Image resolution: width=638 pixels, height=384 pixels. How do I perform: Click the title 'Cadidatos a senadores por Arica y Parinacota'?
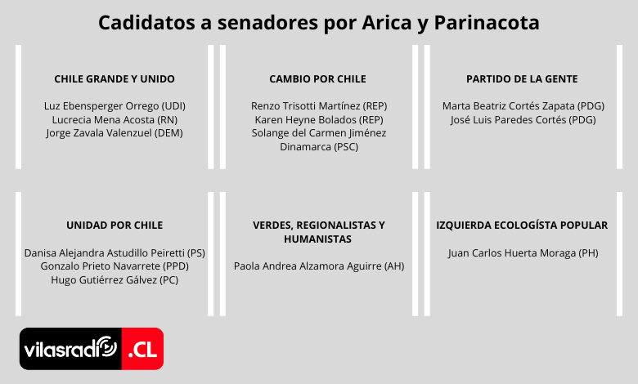319,23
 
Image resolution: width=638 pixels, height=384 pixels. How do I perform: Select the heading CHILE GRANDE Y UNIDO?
115,78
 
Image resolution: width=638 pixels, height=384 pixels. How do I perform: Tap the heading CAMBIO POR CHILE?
318,78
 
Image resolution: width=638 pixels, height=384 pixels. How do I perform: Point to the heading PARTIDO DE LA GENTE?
522,78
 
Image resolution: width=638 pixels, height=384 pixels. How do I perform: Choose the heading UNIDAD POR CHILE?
115,225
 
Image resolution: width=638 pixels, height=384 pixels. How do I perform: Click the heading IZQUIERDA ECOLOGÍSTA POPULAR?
522,225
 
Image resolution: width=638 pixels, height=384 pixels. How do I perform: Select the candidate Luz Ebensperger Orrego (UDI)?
115,106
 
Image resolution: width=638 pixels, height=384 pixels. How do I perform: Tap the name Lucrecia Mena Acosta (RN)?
115,120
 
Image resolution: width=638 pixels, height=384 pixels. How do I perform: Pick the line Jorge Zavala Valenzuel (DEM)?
115,133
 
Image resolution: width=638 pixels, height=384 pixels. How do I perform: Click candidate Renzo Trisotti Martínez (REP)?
319,106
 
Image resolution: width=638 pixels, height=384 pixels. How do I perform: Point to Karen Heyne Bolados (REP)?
319,120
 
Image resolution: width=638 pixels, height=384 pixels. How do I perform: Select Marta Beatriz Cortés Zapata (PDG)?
523,106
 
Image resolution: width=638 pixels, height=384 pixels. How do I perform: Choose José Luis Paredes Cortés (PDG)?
523,120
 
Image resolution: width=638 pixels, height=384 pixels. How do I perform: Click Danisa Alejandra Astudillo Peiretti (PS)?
115,253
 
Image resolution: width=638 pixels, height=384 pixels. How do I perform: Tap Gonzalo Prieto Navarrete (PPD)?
115,266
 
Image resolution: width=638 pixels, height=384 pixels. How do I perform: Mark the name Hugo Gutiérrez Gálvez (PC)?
115,280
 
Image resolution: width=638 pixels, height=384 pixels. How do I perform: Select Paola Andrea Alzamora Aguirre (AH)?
319,266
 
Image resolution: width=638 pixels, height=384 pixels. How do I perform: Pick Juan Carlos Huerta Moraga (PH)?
523,253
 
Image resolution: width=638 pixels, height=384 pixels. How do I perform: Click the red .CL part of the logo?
142,349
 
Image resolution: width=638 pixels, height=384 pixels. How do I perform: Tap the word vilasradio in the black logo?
70,348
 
